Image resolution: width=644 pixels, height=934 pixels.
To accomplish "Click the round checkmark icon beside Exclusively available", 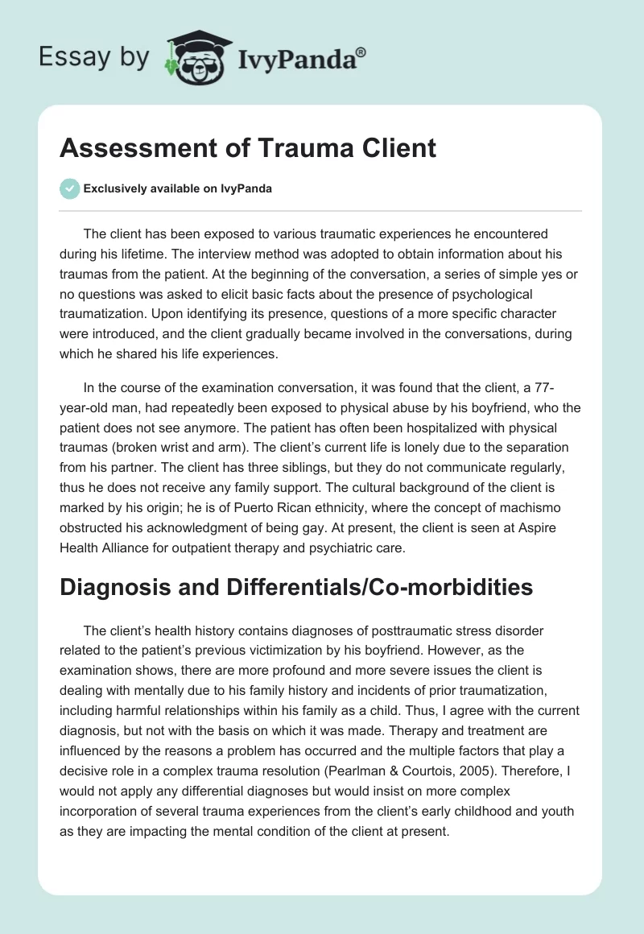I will [70, 188].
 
